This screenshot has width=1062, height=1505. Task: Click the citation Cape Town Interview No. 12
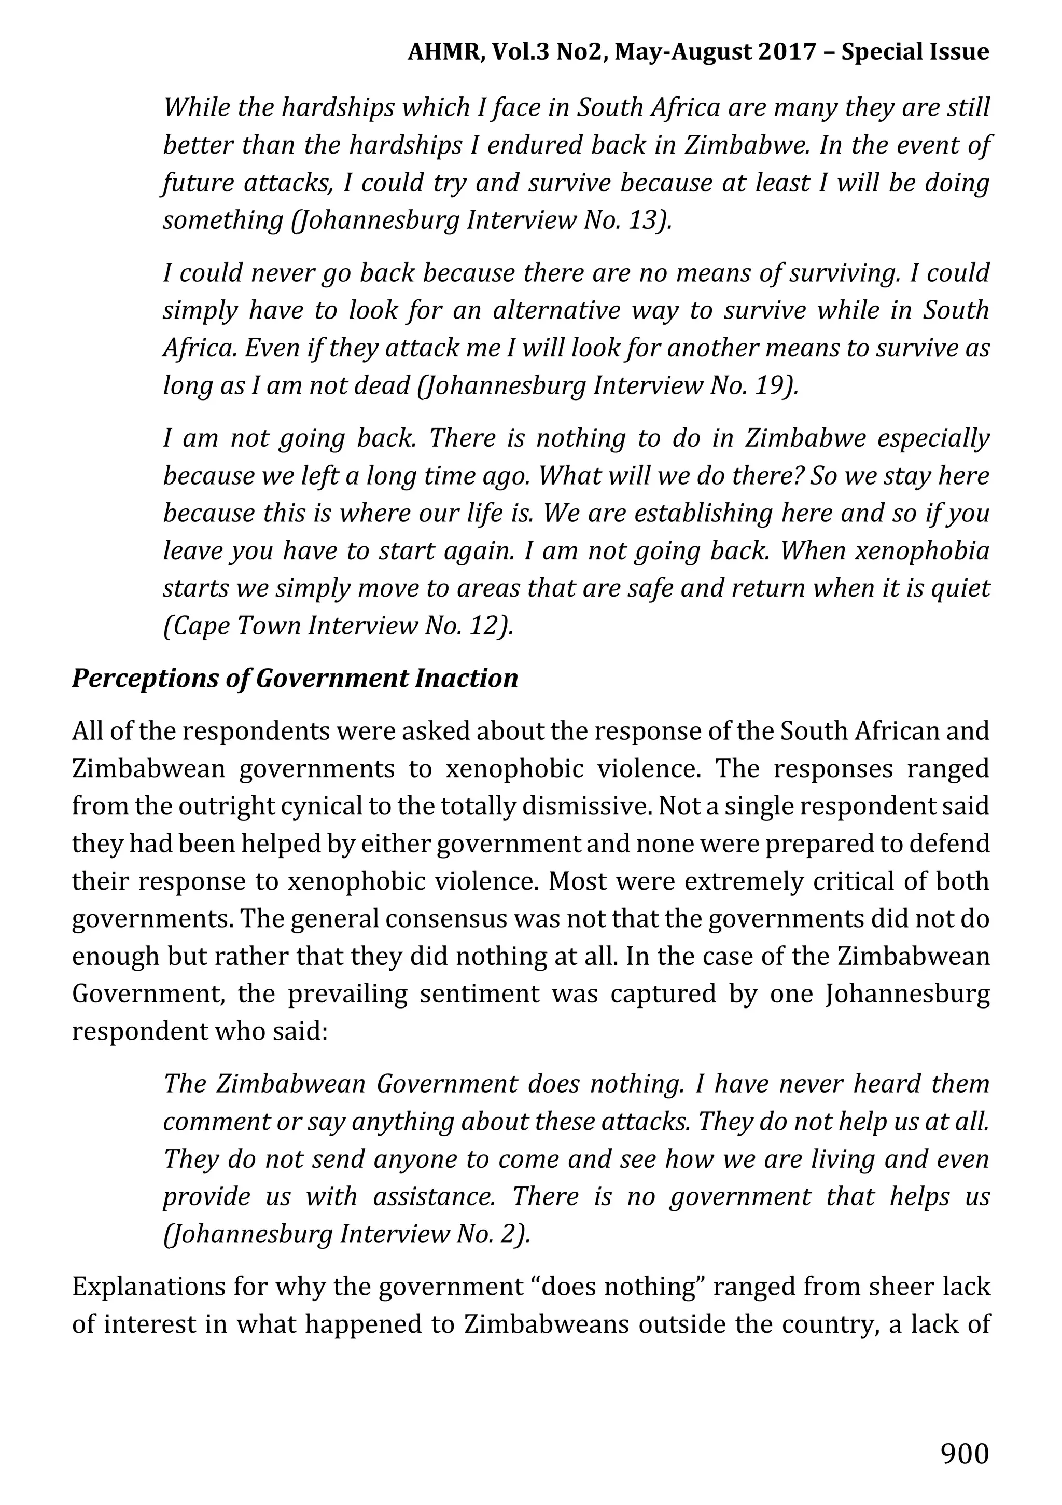point(338,626)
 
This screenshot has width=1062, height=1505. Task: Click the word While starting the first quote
point(196,107)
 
